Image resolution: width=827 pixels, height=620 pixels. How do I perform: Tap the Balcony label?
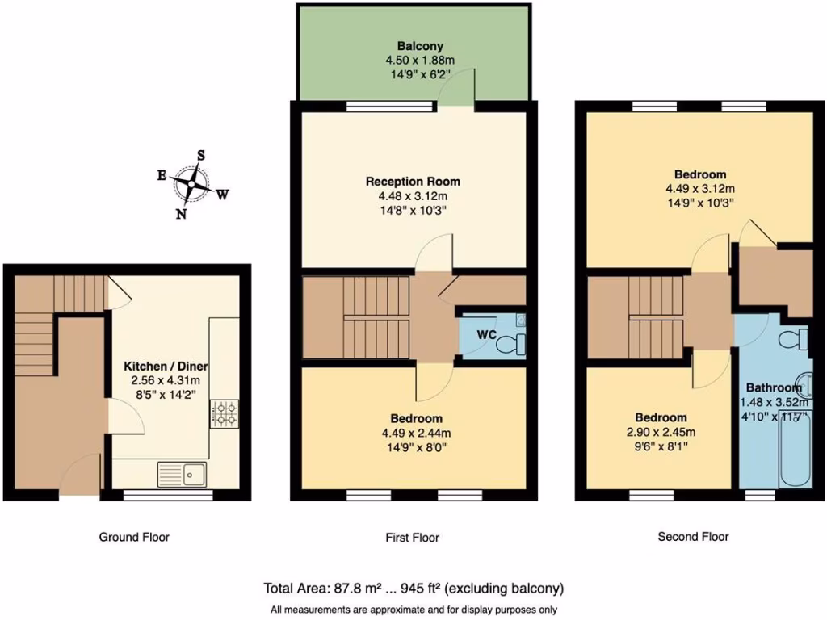point(420,46)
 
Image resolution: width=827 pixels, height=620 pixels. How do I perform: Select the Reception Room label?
point(413,181)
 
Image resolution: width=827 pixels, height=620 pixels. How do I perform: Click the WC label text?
point(485,333)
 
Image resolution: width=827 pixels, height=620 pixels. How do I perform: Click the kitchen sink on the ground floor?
point(183,474)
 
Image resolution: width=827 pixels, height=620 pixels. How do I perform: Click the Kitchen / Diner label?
point(167,366)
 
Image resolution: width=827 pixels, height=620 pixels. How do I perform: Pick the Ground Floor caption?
point(134,537)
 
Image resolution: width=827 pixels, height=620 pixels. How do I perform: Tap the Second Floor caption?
point(693,536)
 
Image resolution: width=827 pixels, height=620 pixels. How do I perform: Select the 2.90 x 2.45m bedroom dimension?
point(661,432)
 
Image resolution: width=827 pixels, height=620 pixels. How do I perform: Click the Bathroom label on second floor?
point(773,387)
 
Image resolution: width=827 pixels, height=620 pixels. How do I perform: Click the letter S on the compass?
point(202,155)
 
